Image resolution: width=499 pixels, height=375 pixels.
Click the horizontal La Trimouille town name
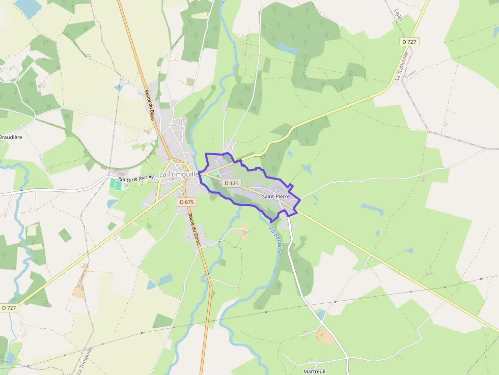pyautogui.click(x=178, y=174)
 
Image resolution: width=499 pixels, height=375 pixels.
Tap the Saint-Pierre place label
pyautogui.click(x=276, y=196)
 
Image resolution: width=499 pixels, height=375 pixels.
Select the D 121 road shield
pyautogui.click(x=231, y=183)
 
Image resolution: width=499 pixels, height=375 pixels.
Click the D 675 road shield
pyautogui.click(x=187, y=202)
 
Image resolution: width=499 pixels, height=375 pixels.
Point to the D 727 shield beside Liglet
pyautogui.click(x=409, y=42)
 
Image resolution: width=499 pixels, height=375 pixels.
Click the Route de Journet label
pyautogui.click(x=136, y=179)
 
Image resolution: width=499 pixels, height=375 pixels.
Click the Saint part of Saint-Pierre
pyautogui.click(x=269, y=196)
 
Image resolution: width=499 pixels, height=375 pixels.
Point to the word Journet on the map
pyautogui.click(x=145, y=178)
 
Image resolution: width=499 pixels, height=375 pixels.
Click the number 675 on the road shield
pyautogui.click(x=189, y=202)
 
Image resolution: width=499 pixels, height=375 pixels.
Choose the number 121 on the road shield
pyautogui.click(x=234, y=183)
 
